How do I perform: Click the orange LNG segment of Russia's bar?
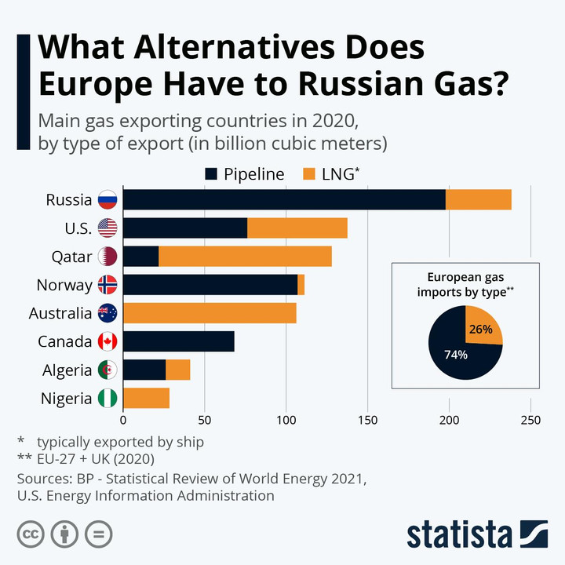click(479, 199)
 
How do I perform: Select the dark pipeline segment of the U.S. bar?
click(185, 228)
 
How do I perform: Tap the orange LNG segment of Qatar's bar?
click(245, 256)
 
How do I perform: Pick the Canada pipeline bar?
click(179, 341)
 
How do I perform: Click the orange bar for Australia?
click(210, 313)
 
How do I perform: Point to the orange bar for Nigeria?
click(147, 398)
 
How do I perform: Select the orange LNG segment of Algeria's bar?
click(178, 370)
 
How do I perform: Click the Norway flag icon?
click(107, 285)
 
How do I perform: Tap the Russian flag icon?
click(107, 199)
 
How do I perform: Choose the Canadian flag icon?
click(107, 341)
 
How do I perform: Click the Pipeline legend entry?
click(244, 174)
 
